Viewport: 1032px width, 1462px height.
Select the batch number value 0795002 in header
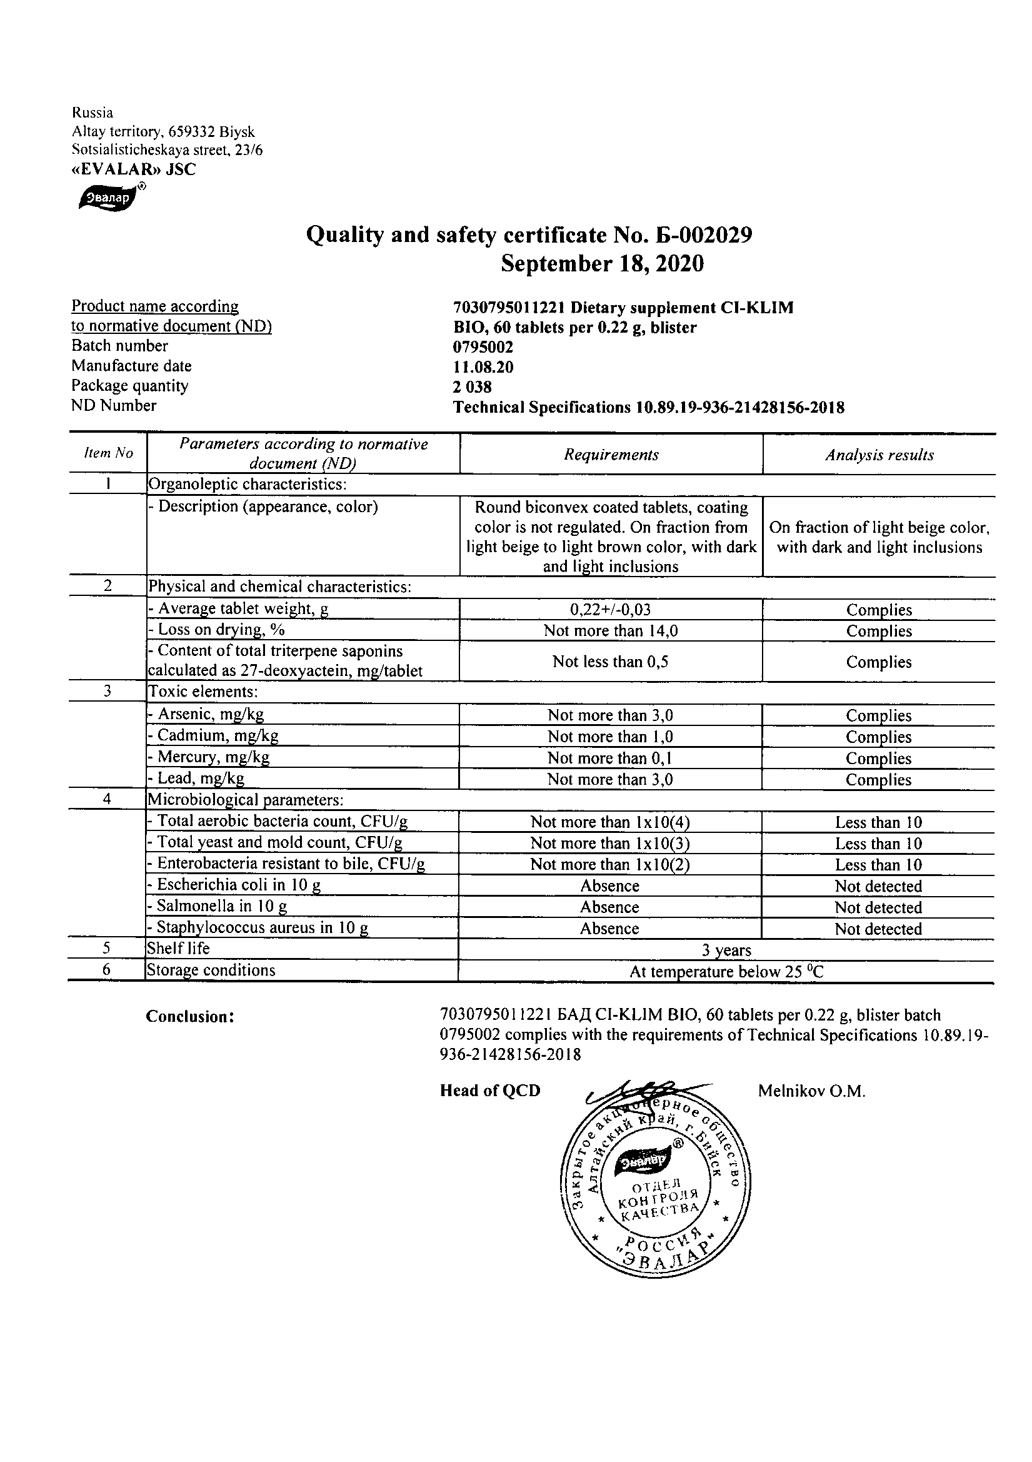[483, 347]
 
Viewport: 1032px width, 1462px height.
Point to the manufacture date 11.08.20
[483, 367]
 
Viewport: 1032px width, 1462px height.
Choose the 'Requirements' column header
[611, 455]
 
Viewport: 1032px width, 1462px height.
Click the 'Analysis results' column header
[879, 455]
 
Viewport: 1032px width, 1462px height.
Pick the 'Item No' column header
[108, 453]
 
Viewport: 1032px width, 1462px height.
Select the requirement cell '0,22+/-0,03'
[611, 610]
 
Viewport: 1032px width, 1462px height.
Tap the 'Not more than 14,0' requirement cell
[611, 631]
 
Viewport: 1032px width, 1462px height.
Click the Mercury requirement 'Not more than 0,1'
[610, 758]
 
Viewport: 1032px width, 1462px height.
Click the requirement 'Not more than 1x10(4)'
[610, 822]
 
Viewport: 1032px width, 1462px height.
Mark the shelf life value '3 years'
[726, 950]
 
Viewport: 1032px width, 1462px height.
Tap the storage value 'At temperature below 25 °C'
[726, 972]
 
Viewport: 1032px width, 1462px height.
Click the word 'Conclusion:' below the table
[191, 1017]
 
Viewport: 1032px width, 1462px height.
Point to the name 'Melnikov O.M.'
[811, 1091]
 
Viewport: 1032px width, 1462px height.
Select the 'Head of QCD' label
[489, 1091]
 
